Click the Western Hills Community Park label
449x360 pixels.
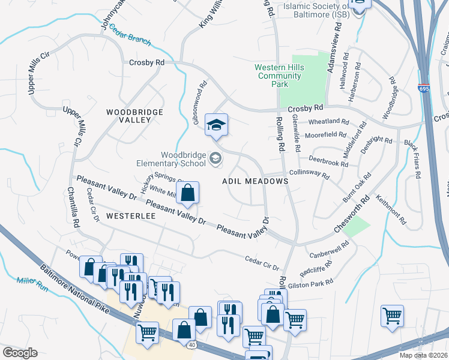[278, 76]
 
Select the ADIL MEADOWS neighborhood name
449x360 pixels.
[252, 181]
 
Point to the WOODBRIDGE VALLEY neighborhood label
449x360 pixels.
[128, 116]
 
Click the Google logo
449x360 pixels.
[20, 353]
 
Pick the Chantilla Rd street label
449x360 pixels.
[76, 207]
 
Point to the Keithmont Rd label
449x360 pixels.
[391, 209]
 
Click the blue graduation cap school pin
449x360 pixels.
[216, 124]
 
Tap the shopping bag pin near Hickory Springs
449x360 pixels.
[188, 193]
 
